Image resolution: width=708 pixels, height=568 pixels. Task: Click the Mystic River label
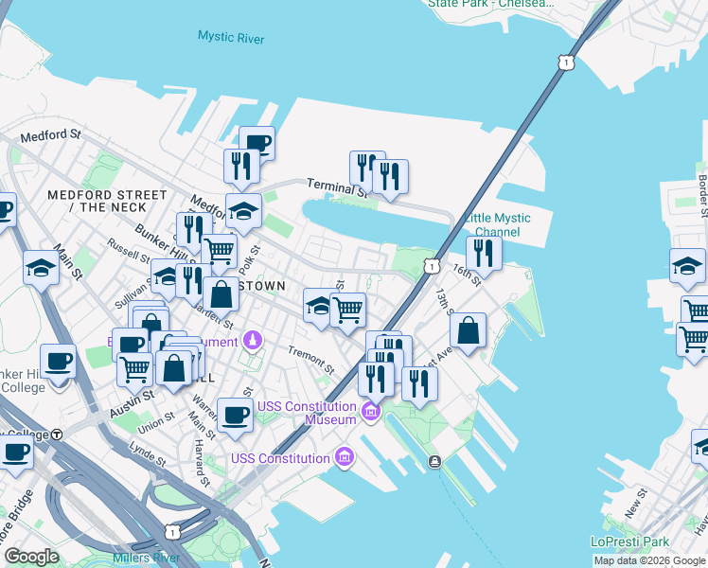(x=231, y=37)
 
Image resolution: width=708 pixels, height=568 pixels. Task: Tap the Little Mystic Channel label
(x=498, y=225)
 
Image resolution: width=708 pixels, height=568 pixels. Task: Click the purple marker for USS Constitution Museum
(x=370, y=412)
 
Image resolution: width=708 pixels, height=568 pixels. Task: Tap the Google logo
(x=31, y=557)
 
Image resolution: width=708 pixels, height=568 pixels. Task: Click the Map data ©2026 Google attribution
(x=650, y=561)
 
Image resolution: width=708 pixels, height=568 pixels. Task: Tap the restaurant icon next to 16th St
(x=484, y=252)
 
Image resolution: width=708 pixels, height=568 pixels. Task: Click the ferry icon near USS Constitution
(x=434, y=461)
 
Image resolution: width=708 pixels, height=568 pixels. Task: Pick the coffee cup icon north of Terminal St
(x=257, y=142)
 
